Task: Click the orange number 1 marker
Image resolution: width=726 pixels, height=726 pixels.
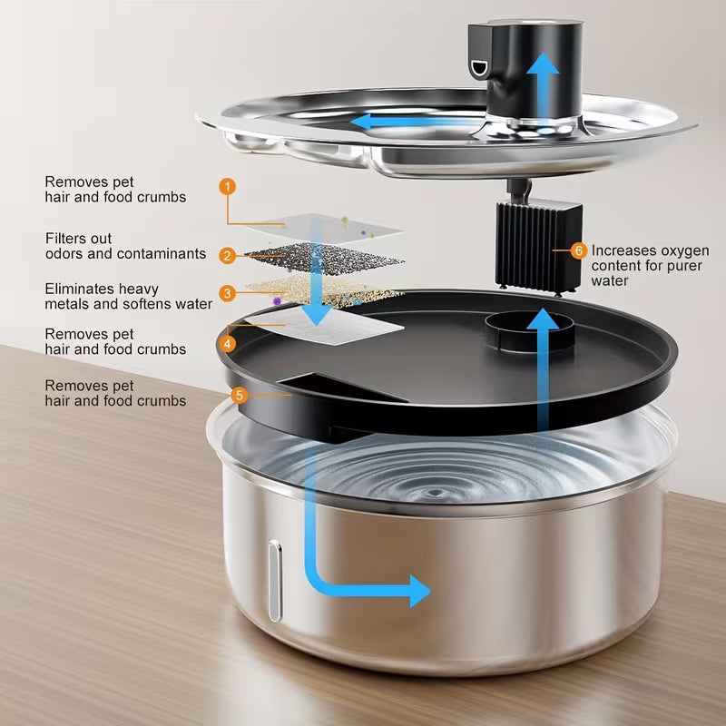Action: [x=227, y=185]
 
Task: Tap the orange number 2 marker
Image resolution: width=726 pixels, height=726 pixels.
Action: [x=227, y=257]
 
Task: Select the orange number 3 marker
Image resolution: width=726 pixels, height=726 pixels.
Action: [x=227, y=293]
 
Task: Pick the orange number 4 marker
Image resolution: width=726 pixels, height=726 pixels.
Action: [x=227, y=344]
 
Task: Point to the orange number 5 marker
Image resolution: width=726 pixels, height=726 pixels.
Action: [x=240, y=395]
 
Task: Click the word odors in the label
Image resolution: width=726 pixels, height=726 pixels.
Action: [x=65, y=254]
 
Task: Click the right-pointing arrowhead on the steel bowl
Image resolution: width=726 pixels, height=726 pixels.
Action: [x=419, y=590]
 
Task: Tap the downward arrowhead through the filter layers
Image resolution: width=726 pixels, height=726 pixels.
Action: [x=316, y=314]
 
